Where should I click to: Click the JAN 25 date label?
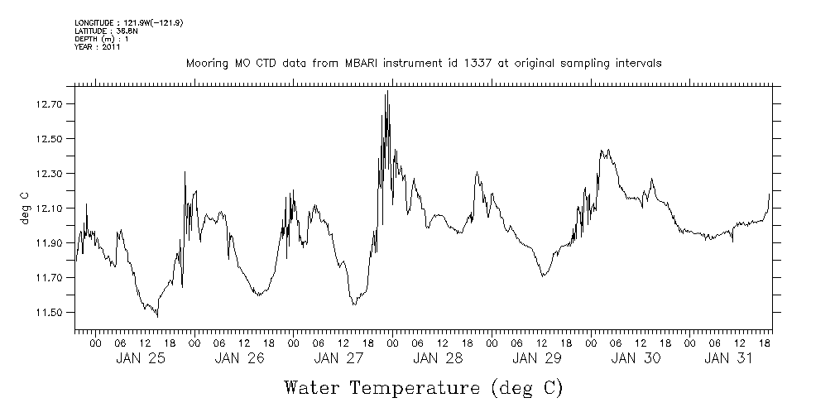pyautogui.click(x=140, y=358)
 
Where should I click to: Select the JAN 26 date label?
pyautogui.click(x=239, y=358)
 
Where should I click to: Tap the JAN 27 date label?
pyautogui.click(x=338, y=358)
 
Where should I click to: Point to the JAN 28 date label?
pyautogui.click(x=438, y=358)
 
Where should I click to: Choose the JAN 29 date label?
pyautogui.click(x=537, y=358)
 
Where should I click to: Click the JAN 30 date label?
pyautogui.click(x=636, y=358)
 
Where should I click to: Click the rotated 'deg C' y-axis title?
pyautogui.click(x=24, y=208)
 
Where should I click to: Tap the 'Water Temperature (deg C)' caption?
pyautogui.click(x=423, y=387)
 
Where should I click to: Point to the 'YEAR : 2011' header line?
pyautogui.click(x=98, y=47)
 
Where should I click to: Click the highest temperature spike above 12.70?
pyautogui.click(x=386, y=92)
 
